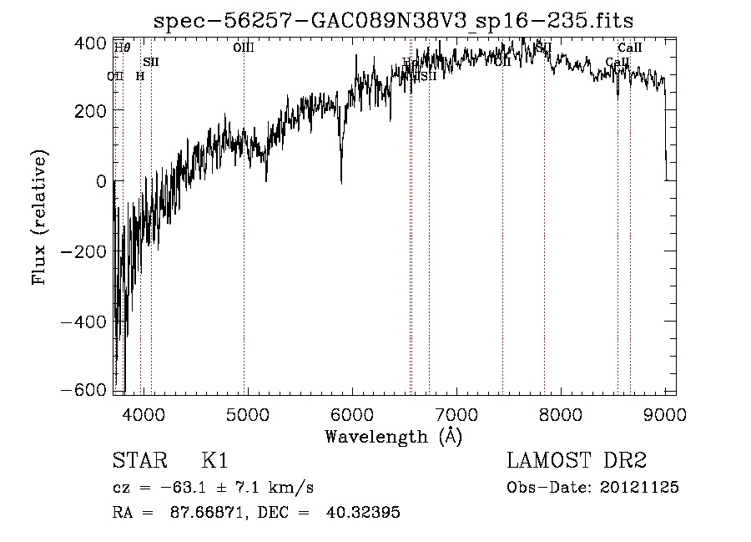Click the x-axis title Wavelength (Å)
coord(393,436)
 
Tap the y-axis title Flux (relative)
coord(40,217)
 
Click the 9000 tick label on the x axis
coord(664,413)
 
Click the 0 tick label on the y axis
coord(101,181)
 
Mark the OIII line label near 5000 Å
coord(243,48)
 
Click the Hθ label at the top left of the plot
coord(122,48)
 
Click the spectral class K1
coord(215,461)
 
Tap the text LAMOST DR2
coord(577,461)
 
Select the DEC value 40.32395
coord(365,513)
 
